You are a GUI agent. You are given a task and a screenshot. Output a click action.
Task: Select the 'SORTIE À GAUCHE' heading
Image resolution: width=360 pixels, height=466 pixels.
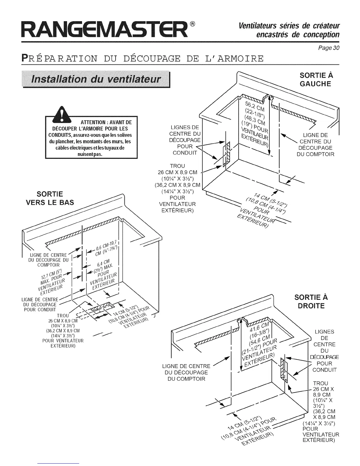(315, 79)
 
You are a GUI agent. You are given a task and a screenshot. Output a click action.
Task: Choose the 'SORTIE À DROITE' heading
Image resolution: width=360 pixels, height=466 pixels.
(311, 301)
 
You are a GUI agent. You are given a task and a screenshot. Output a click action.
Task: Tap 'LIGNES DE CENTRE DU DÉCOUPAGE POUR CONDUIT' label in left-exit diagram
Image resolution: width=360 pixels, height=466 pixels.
(186, 140)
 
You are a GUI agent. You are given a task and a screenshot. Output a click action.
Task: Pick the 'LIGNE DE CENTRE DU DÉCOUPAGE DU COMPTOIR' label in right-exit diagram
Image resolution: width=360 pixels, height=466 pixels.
(186, 372)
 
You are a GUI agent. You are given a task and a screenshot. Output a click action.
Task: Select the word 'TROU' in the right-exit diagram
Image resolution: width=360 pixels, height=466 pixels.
(320, 383)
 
